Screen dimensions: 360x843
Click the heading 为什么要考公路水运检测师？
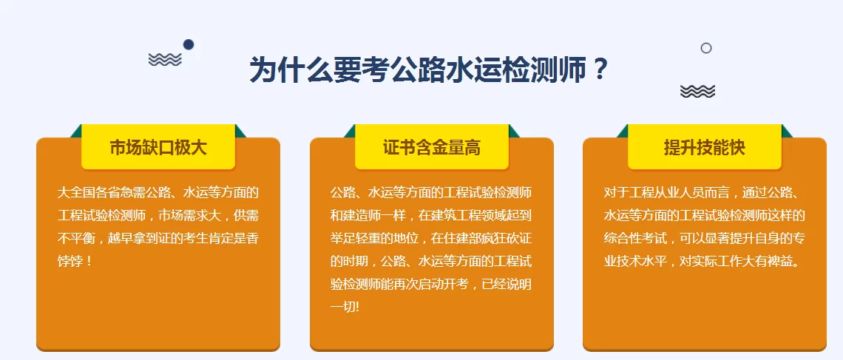point(429,71)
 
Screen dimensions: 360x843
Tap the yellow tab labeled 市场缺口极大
point(158,148)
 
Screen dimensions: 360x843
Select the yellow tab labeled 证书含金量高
point(432,148)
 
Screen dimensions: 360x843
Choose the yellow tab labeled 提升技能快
point(705,148)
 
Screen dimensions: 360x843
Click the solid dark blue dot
point(189,44)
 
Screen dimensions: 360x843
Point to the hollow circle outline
point(706,48)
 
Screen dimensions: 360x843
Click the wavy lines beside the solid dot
point(165,60)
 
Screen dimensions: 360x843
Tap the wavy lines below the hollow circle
point(697,91)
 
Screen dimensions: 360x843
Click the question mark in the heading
point(600,71)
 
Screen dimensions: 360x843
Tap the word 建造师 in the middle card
point(365,216)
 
